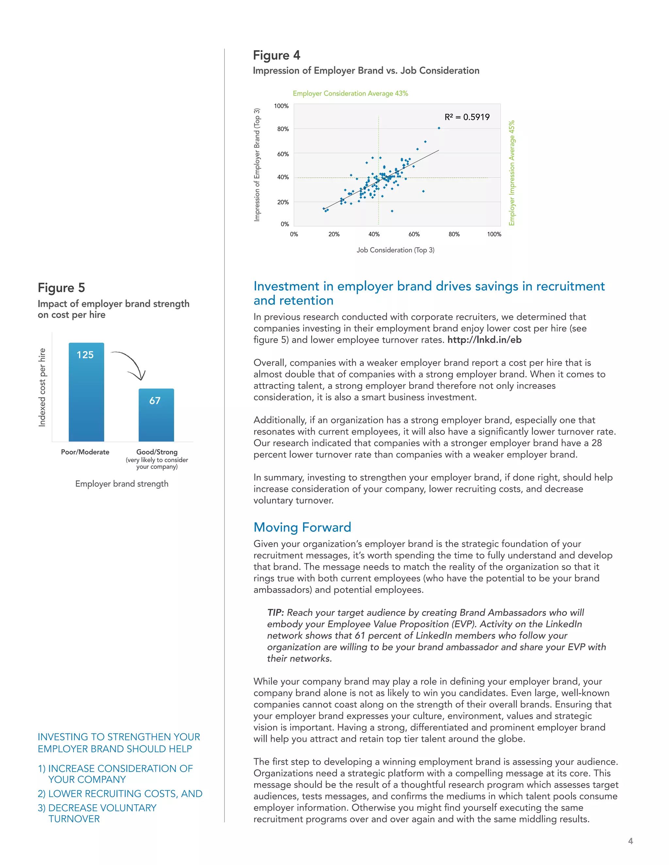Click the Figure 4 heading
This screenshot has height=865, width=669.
(276, 55)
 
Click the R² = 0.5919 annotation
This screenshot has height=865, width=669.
(467, 117)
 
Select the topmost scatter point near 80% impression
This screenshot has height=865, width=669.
(439, 128)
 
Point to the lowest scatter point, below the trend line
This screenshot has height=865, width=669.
(392, 211)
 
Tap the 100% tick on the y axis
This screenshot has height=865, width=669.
(281, 106)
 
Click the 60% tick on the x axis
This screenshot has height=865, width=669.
(414, 234)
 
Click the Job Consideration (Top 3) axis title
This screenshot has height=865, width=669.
(395, 250)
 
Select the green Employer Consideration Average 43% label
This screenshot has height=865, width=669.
(351, 93)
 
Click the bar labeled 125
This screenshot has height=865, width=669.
(86, 392)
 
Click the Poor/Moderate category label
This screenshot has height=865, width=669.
(85, 452)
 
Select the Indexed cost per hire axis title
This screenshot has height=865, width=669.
(42, 387)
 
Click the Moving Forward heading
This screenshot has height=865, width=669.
(302, 527)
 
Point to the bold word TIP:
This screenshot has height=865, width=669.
(275, 612)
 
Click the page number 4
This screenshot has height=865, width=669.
(630, 841)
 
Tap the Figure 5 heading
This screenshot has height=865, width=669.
(61, 288)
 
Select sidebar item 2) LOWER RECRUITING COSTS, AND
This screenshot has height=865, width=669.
(120, 794)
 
